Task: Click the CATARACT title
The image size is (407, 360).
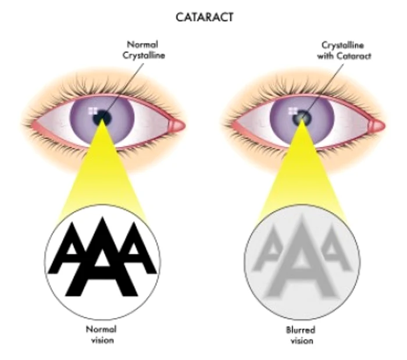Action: tap(205, 17)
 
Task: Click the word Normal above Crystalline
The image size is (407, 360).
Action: tap(142, 45)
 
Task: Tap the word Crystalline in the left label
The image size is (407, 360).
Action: tap(144, 56)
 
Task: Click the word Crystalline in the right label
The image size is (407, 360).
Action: tap(342, 45)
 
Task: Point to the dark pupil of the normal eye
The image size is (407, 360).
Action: tap(102, 117)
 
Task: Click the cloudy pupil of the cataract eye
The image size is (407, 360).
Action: tap(302, 117)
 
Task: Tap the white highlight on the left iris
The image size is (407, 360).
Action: tap(92, 111)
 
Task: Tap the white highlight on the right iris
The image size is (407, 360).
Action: tap(293, 111)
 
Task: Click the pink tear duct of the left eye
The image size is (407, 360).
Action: tap(177, 126)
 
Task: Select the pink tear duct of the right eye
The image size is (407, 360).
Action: tap(377, 126)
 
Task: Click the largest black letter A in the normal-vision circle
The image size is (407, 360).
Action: tap(102, 257)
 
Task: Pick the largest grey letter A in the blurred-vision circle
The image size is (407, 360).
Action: tap(301, 257)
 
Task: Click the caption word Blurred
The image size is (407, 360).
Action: tap(301, 330)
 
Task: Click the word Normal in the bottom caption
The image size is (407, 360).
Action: tap(101, 329)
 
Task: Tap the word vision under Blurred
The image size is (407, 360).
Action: tap(302, 341)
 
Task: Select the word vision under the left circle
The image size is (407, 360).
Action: tap(102, 340)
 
